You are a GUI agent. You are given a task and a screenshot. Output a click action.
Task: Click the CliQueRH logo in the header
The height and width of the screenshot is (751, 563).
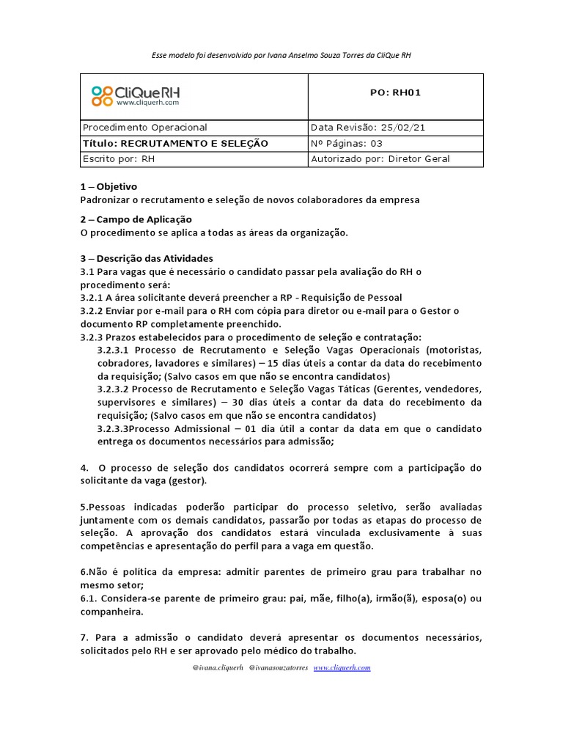click(x=136, y=96)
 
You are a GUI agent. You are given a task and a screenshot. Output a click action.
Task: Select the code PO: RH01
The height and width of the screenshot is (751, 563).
click(x=396, y=92)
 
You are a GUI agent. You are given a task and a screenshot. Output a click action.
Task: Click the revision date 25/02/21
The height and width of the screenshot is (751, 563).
click(x=402, y=127)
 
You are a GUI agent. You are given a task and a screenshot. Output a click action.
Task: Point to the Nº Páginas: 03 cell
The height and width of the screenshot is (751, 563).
click(x=347, y=143)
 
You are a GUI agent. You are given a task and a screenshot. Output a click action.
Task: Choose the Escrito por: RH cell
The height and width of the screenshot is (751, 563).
click(x=119, y=158)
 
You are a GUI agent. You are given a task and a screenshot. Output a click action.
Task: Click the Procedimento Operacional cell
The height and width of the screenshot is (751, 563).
click(x=145, y=127)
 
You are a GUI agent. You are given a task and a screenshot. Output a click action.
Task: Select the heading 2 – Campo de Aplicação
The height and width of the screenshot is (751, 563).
click(x=136, y=219)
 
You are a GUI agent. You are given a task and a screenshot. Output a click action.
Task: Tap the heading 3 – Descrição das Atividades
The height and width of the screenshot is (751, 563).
click(x=147, y=258)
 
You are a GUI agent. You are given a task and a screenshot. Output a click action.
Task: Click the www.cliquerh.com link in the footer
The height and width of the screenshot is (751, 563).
click(x=342, y=667)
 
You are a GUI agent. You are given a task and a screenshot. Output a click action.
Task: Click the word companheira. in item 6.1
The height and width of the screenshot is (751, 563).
click(x=111, y=611)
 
